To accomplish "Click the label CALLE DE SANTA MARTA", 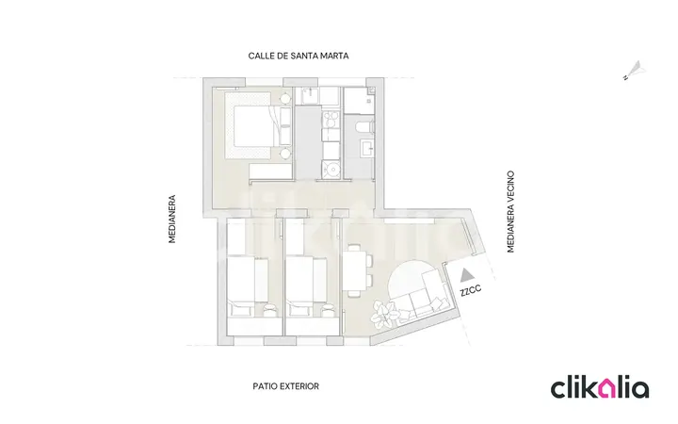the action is (x=299, y=56).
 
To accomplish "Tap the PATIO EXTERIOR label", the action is (x=286, y=386).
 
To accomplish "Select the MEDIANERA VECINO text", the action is (x=510, y=212).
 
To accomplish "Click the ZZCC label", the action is (x=471, y=290).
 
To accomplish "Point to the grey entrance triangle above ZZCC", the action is (x=466, y=274).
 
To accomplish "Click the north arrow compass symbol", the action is (x=635, y=71).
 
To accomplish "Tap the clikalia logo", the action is (x=600, y=387).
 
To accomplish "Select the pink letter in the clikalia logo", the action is (x=609, y=389).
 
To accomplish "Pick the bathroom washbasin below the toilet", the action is (x=367, y=149).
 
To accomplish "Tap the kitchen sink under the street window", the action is (x=309, y=95).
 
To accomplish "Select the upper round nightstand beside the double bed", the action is (x=285, y=99).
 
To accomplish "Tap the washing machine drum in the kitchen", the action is (x=332, y=170).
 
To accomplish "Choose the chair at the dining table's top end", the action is (x=355, y=248).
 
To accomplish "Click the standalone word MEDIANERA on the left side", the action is (x=172, y=219).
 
